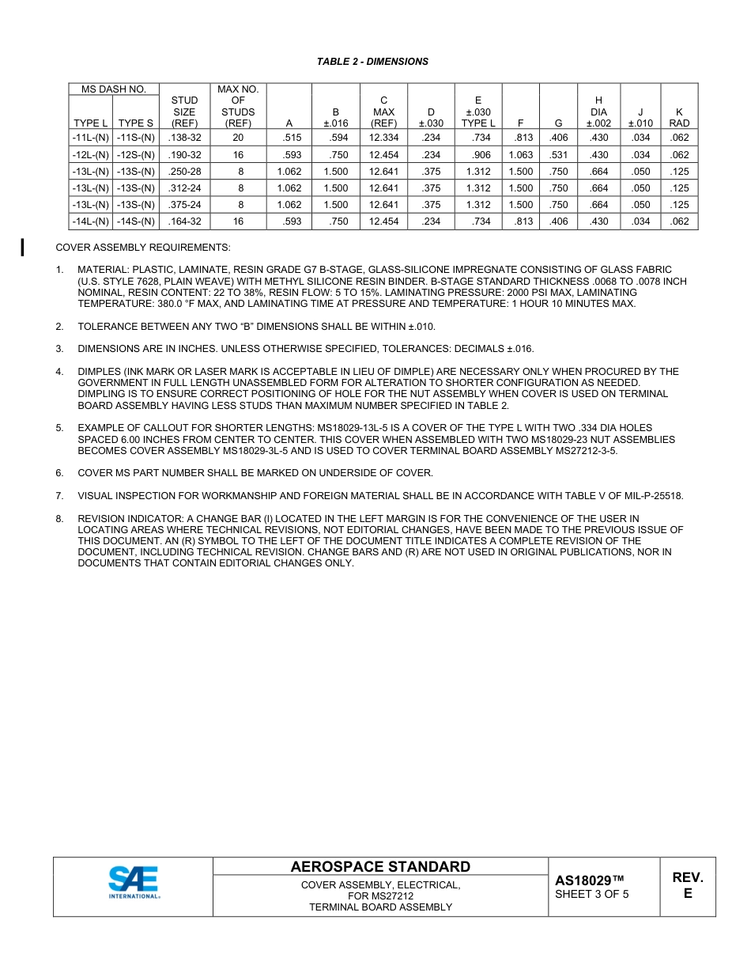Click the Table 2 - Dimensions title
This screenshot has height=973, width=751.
(372, 62)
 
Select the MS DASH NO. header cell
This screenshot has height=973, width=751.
(114, 89)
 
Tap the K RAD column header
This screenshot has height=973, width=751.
(678, 118)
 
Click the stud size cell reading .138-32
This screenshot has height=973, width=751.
(184, 138)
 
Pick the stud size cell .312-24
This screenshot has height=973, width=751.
(184, 188)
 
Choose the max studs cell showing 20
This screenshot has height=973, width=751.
(238, 138)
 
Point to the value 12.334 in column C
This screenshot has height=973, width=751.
(383, 138)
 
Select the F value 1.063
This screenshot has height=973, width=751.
(520, 155)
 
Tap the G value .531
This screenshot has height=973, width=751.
(558, 155)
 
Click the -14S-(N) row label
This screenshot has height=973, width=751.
(136, 221)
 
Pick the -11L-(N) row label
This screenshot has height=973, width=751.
(90, 138)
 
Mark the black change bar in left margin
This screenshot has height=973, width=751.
(23, 247)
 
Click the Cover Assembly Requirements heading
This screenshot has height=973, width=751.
(143, 248)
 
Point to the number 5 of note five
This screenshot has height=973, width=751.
(59, 428)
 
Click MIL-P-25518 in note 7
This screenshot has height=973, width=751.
(652, 496)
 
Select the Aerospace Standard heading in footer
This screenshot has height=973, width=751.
(380, 867)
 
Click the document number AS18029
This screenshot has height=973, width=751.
(589, 880)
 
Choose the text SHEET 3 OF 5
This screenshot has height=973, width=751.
(591, 895)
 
